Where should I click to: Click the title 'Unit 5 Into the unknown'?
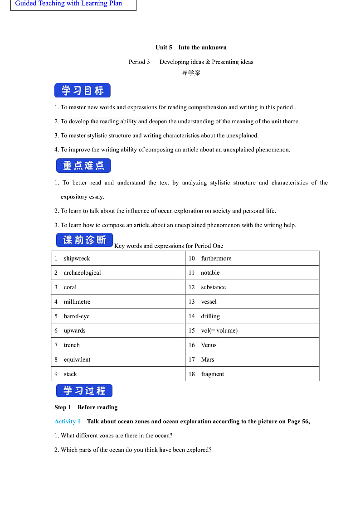click(191, 48)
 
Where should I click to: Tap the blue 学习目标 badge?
click(83, 91)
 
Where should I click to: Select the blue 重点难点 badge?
click(83, 166)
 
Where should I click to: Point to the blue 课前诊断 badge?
click(84, 240)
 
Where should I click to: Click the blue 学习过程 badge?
click(84, 391)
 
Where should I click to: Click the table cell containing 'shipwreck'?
click(77, 258)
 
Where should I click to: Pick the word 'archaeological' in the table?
click(82, 273)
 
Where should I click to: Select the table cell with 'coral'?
click(70, 287)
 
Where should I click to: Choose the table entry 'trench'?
click(72, 345)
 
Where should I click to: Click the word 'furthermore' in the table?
click(216, 258)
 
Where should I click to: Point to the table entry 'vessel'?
click(209, 302)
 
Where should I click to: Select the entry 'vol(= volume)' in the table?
click(219, 331)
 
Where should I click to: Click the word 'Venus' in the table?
click(209, 345)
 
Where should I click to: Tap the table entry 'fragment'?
click(212, 374)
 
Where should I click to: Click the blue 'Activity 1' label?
click(68, 422)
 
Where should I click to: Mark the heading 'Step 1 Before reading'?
click(86, 407)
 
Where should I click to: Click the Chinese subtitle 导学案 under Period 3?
click(191, 73)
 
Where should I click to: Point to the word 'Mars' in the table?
click(207, 360)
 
